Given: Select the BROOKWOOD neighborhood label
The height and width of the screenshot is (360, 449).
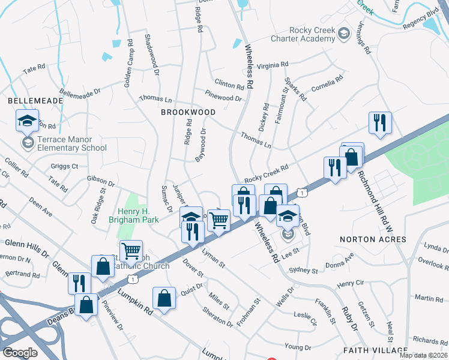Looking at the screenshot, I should tap(188, 112).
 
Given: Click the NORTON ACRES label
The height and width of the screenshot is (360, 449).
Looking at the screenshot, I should tap(373, 239).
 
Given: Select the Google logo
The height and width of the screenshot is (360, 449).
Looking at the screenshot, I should tap(20, 353).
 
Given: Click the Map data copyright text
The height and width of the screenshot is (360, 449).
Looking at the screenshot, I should tap(423, 355).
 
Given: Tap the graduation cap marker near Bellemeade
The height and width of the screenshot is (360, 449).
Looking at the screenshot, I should tap(28, 122).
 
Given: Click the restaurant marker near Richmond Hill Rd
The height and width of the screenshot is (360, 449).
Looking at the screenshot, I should tap(380, 124).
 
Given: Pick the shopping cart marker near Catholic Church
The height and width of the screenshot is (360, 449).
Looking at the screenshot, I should tap(131, 251).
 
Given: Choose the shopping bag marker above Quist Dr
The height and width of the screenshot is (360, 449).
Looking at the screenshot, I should tap(164, 298).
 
